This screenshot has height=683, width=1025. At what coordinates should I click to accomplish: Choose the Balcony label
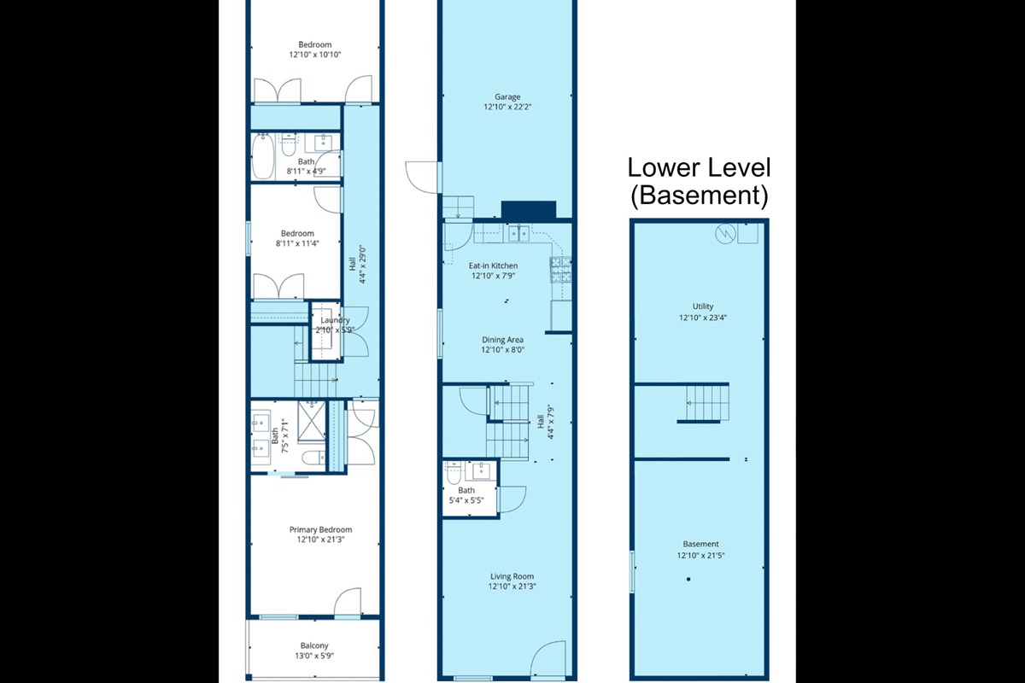[x=314, y=645]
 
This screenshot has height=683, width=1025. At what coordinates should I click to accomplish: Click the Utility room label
[x=703, y=306]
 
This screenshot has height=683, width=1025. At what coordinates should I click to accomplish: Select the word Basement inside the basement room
[x=700, y=544]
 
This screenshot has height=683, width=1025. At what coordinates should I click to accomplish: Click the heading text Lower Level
[x=700, y=167]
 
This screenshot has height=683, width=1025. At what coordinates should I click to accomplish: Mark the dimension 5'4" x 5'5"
[x=466, y=500]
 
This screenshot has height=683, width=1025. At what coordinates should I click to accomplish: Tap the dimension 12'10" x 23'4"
[x=703, y=317]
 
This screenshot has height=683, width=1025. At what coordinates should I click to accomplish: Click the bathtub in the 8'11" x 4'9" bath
[x=264, y=159]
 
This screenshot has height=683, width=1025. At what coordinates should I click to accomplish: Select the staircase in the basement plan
[x=708, y=402]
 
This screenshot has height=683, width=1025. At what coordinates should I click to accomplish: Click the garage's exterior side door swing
[x=422, y=178]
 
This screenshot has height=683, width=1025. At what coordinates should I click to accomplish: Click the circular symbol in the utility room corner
[x=724, y=233]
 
